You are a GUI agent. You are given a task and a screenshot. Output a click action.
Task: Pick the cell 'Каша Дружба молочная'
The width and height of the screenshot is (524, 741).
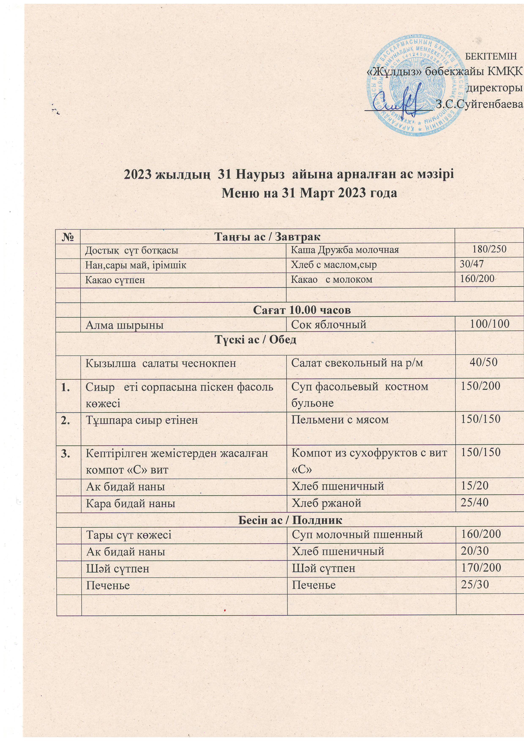click(345, 249)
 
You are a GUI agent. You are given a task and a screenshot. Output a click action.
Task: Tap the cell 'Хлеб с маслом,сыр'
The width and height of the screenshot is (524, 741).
click(334, 265)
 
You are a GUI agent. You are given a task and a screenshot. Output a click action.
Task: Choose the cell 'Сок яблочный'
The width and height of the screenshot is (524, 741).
click(329, 324)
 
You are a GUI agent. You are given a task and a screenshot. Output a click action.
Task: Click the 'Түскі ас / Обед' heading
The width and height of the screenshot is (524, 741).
click(255, 339)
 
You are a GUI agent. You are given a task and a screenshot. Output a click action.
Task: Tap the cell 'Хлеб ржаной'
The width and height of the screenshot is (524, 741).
click(326, 503)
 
